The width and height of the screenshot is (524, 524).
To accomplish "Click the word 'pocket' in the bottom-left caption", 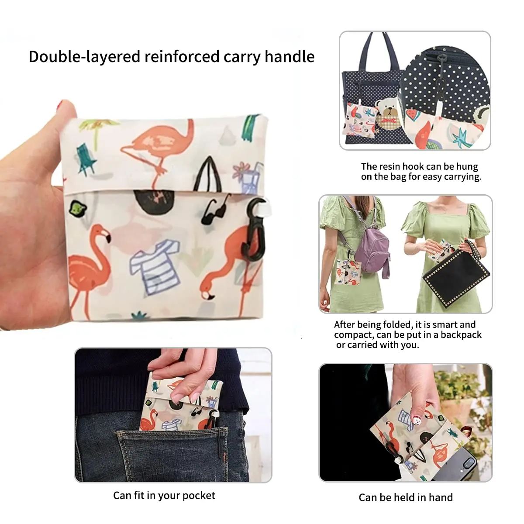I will coord(199,496).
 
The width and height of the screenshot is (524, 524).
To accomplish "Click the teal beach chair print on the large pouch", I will coord(86,159).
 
